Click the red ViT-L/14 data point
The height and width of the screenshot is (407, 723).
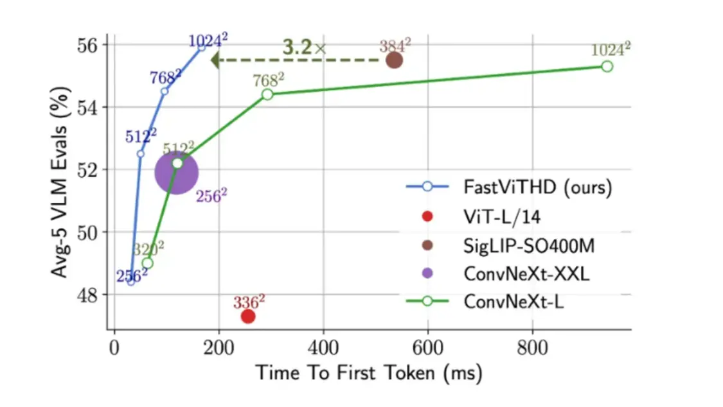pyautogui.click(x=248, y=316)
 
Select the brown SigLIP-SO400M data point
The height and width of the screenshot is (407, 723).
pyautogui.click(x=394, y=60)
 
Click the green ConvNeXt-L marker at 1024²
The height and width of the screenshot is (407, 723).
pyautogui.click(x=607, y=66)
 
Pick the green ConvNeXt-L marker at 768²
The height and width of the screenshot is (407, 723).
pyautogui.click(x=267, y=94)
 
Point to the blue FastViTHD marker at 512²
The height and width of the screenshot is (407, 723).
pyautogui.click(x=141, y=153)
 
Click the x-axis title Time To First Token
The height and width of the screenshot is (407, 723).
pyautogui.click(x=369, y=373)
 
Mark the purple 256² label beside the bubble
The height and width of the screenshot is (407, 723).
pyautogui.click(x=212, y=196)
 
